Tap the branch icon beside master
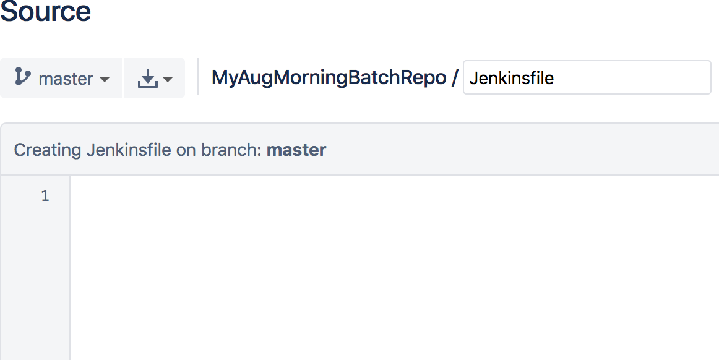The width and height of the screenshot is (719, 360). coord(23,77)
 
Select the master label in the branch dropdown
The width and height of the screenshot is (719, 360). coord(66,79)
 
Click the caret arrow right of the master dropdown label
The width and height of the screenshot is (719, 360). coord(105,80)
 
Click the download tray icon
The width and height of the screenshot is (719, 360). coord(147,79)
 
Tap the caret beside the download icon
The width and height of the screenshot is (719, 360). coord(168,80)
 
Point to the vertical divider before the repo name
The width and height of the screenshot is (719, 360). coord(198,77)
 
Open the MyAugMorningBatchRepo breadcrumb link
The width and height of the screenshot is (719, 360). coord(329,78)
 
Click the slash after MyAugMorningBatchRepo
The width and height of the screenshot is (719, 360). coord(455,78)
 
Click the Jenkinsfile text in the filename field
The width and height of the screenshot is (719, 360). coord(512,79)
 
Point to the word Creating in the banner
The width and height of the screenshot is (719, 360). coord(48,150)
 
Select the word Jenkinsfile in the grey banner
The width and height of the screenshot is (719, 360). coord(129,150)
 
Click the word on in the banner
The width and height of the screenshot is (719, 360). coord(186,150)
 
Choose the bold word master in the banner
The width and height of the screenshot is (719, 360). coord(296,150)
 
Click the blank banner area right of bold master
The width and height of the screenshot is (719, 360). coord(495,150)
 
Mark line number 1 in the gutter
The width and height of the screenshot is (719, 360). coord(45,196)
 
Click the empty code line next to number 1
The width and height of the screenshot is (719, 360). coord(371,196)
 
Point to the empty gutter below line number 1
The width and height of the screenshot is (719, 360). coord(36,278)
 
